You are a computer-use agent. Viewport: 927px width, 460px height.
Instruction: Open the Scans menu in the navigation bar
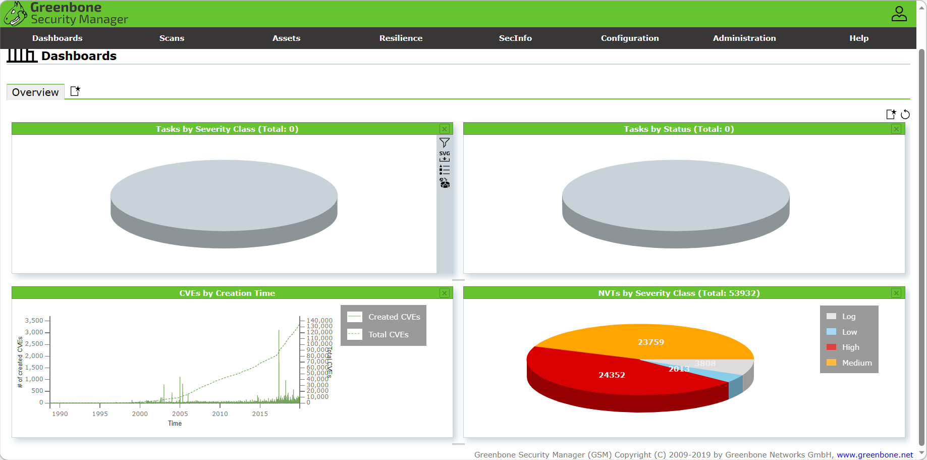click(x=172, y=38)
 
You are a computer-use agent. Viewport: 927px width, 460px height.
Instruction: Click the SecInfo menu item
click(x=515, y=38)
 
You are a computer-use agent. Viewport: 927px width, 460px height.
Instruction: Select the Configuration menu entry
click(x=630, y=38)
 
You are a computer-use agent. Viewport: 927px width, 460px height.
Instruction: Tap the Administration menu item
click(x=744, y=38)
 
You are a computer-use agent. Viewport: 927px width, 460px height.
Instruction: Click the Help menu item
click(x=859, y=38)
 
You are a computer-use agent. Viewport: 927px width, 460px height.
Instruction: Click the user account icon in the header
click(x=899, y=14)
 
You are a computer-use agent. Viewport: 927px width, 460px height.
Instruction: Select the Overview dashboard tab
click(x=35, y=92)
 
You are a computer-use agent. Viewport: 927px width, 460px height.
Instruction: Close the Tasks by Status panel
click(x=896, y=129)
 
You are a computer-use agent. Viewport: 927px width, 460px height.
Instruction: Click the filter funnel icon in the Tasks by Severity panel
click(x=445, y=143)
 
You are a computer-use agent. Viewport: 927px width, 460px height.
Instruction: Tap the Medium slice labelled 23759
click(x=650, y=342)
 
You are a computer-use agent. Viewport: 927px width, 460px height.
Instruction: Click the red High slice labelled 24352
click(x=612, y=375)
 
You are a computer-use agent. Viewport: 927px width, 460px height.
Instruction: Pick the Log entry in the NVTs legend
click(x=848, y=317)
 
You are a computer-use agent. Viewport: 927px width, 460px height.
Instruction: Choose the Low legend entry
click(x=849, y=332)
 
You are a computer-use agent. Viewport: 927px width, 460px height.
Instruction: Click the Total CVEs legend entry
click(x=388, y=335)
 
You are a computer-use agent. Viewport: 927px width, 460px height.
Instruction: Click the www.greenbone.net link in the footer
click(x=875, y=455)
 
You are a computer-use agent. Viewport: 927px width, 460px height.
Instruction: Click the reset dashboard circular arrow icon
click(x=905, y=115)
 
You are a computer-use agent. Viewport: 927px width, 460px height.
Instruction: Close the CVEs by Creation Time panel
click(x=445, y=293)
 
